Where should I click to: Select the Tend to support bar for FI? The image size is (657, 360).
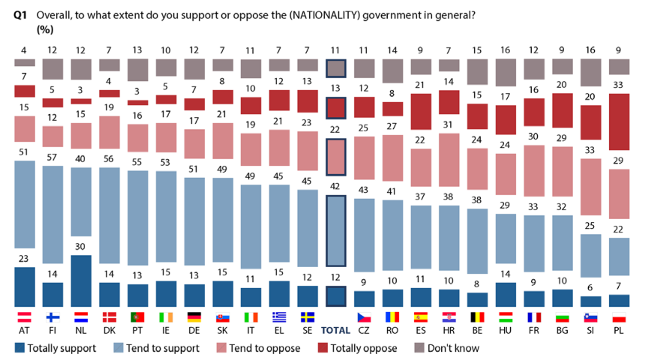pyautogui.click(x=52, y=223)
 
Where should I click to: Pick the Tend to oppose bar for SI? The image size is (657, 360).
pyautogui.click(x=589, y=185)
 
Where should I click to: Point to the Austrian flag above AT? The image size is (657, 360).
pyautogui.click(x=24, y=316)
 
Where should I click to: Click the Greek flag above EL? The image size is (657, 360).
pyautogui.click(x=280, y=316)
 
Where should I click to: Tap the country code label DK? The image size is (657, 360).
pyautogui.click(x=109, y=330)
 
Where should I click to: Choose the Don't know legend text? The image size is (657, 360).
pyautogui.click(x=451, y=348)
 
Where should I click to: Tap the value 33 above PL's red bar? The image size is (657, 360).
pyautogui.click(x=618, y=86)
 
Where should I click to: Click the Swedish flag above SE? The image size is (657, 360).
pyautogui.click(x=308, y=316)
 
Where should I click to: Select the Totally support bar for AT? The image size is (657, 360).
pyautogui.click(x=24, y=286)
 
